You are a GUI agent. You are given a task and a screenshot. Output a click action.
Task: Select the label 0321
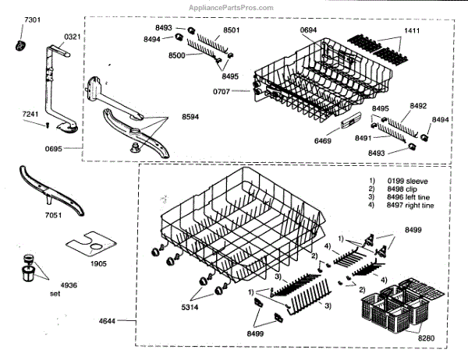[72, 37]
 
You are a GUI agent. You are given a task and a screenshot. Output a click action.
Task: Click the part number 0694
[310, 30]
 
